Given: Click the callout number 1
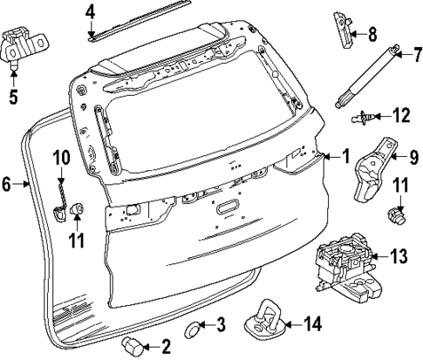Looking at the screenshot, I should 345,157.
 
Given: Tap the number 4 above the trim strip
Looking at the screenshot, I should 92,12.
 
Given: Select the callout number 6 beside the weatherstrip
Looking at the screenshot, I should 6,184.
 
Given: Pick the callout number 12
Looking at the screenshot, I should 400,114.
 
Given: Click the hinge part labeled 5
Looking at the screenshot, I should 24,44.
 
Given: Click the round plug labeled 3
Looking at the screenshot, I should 194,329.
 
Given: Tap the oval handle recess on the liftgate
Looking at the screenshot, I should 227,207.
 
